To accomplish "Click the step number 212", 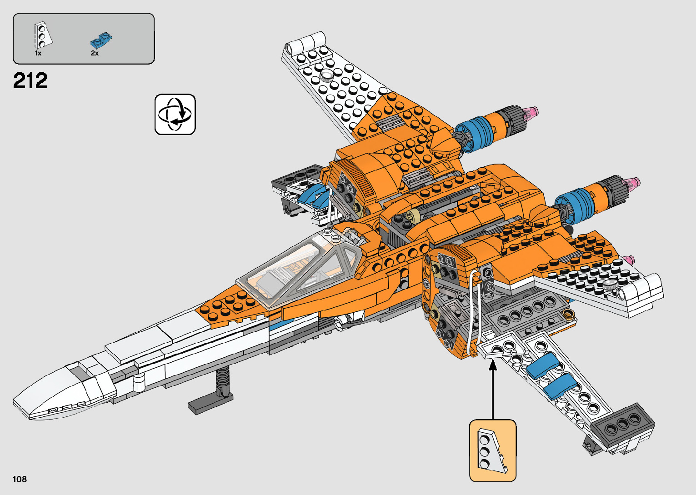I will point(30,81).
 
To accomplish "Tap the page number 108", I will point(20,479).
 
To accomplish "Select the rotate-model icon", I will point(175,115).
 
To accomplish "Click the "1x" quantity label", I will point(38,53).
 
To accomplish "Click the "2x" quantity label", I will point(95,53).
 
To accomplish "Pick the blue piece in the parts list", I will point(101,40).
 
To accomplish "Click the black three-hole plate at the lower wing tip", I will point(623,424).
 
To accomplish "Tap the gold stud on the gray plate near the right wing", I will point(568,313).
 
